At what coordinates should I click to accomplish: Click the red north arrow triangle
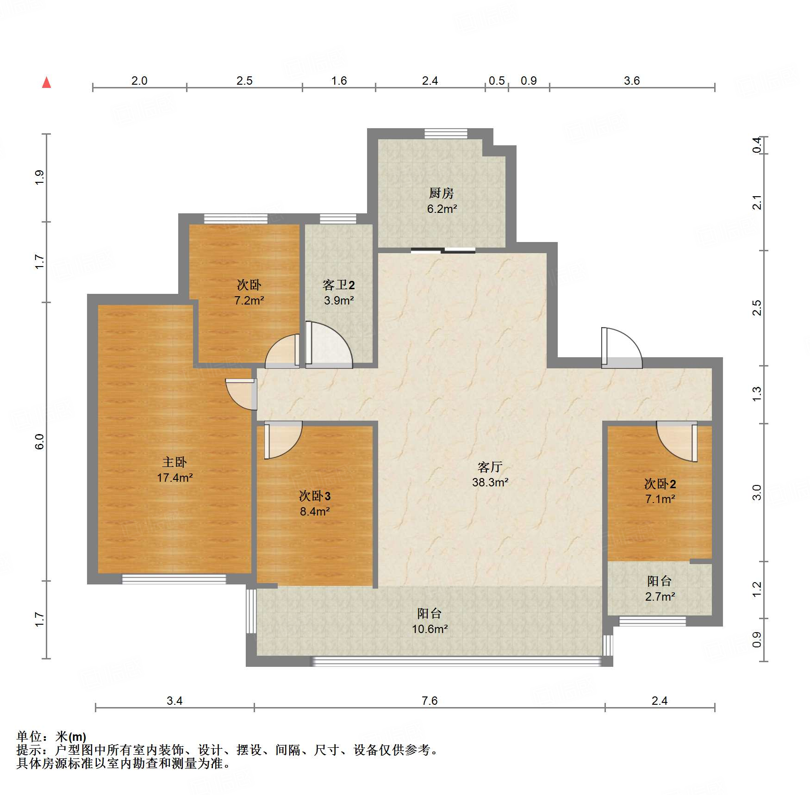click(x=46, y=82)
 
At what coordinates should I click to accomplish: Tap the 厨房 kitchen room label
click(x=442, y=193)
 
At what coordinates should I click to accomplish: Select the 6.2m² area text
click(x=442, y=209)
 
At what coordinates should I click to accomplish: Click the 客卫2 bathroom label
click(x=339, y=285)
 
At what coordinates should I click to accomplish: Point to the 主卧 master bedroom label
click(x=174, y=462)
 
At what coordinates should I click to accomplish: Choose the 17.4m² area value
click(x=175, y=478)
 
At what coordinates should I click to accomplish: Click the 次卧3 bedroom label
click(x=315, y=496)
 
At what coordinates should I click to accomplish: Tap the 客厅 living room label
click(x=490, y=466)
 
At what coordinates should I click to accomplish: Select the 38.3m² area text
click(x=490, y=482)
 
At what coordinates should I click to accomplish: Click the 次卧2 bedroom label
click(x=660, y=484)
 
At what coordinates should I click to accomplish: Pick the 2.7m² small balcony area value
click(x=660, y=596)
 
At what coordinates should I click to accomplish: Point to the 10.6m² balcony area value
click(x=430, y=629)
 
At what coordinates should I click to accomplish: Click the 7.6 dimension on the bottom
click(x=430, y=701)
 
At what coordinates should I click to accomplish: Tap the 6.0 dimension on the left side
click(x=39, y=441)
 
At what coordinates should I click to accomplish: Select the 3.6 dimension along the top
click(x=632, y=81)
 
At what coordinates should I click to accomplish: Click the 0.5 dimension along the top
click(x=497, y=81)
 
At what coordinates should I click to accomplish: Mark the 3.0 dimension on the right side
click(x=757, y=492)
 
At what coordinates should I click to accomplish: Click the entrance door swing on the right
click(x=622, y=348)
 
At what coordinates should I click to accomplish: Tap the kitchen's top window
click(x=446, y=133)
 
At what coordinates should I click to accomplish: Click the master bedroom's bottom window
click(x=174, y=579)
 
